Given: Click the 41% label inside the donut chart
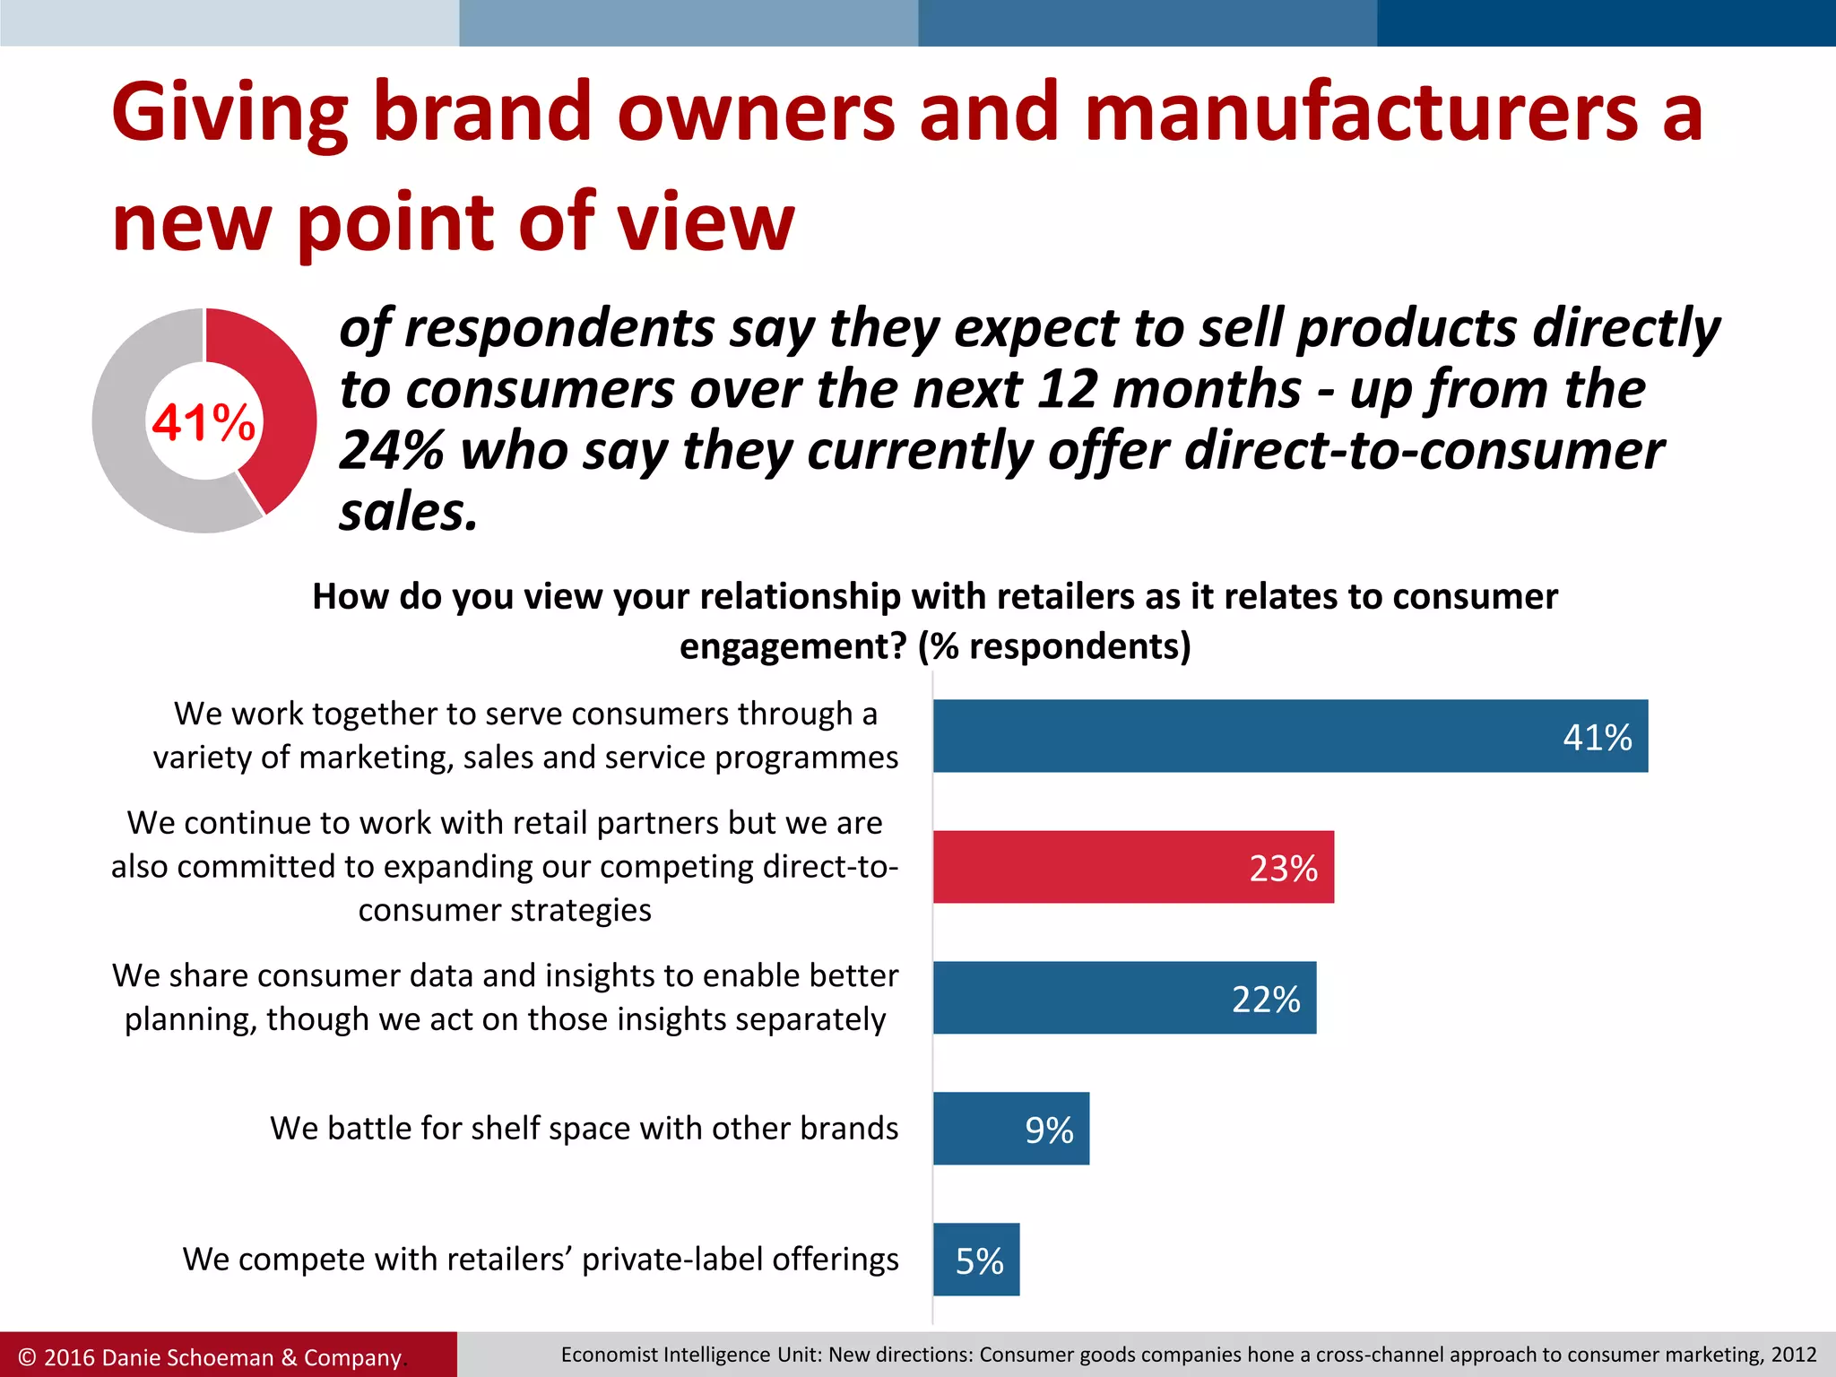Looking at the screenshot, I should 204,421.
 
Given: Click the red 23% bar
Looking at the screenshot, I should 1133,867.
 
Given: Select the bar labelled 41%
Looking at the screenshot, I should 1290,736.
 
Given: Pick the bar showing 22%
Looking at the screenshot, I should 1124,998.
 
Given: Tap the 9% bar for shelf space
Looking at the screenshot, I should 1010,1129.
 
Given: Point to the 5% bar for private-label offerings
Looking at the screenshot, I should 975,1260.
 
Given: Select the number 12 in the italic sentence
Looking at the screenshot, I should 1067,389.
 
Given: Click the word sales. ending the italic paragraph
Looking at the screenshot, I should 408,513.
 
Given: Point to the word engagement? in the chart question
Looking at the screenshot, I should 792,646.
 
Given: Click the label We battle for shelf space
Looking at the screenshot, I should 584,1129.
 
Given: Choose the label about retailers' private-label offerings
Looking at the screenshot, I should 541,1260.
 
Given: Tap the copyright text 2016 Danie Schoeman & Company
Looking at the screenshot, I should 212,1357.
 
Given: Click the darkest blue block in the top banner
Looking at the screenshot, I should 1606,23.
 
